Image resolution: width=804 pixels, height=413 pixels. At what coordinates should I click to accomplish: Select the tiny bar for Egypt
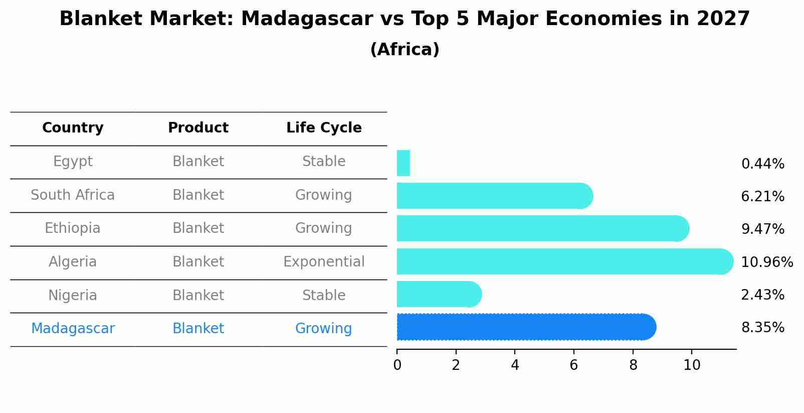(x=404, y=163)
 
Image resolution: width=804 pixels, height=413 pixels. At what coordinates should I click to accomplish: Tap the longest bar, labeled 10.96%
(x=564, y=261)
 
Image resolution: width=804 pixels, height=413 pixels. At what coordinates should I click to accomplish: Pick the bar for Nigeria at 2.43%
(x=439, y=295)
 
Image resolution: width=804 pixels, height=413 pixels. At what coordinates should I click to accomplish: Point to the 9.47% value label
(x=762, y=229)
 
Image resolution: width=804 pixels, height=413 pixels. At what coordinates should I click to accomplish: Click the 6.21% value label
(x=762, y=196)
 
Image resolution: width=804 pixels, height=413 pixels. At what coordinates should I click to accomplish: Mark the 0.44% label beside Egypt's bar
(x=762, y=164)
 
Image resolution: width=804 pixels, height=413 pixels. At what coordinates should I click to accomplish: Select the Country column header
(x=73, y=128)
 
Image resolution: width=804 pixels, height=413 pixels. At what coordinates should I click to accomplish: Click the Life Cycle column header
(x=324, y=128)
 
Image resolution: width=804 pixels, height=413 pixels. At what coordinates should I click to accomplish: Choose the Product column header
(x=198, y=128)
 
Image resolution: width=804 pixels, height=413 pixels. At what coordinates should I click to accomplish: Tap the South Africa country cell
(x=73, y=195)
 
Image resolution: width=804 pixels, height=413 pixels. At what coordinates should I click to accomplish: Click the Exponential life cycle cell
(x=324, y=261)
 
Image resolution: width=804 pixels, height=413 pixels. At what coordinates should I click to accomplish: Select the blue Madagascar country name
(x=73, y=328)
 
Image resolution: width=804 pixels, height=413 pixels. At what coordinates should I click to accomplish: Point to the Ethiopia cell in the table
(x=73, y=228)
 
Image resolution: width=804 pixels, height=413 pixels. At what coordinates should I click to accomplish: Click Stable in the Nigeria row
(x=324, y=295)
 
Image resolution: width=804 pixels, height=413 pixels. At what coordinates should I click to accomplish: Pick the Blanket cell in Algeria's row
(x=198, y=261)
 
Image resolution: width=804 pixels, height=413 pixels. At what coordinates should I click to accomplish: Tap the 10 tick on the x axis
(x=692, y=365)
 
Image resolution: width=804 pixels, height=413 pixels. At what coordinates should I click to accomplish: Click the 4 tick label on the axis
(x=515, y=365)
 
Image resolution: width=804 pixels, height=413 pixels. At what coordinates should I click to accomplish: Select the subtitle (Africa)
(x=405, y=50)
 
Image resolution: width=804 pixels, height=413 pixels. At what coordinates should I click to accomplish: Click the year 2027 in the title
(x=723, y=19)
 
